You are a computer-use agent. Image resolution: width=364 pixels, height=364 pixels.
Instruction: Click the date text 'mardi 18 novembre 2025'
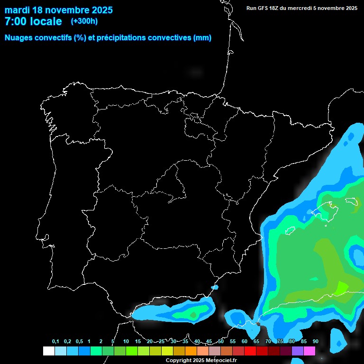(x=59, y=10)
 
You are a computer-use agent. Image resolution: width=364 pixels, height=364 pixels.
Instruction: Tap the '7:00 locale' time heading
(x=33, y=21)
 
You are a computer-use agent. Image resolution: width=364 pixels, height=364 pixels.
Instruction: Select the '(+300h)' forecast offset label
(x=84, y=21)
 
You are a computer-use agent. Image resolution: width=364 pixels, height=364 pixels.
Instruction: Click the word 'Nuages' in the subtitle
(x=18, y=38)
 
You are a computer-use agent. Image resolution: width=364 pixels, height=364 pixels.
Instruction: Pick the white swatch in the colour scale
(x=48, y=351)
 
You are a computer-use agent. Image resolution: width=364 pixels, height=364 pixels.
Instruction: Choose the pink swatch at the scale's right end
(x=309, y=351)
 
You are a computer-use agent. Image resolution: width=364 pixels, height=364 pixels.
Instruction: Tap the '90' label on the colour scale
(x=315, y=342)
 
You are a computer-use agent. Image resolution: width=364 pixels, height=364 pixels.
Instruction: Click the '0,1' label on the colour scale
(x=55, y=342)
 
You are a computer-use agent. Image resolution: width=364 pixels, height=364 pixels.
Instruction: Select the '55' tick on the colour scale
(x=232, y=342)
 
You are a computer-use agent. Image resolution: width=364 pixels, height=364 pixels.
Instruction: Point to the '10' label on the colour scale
(x=126, y=342)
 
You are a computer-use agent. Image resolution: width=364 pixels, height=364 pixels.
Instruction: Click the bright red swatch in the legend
(x=250, y=351)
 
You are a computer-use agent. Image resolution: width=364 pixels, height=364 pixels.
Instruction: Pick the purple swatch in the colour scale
(x=298, y=351)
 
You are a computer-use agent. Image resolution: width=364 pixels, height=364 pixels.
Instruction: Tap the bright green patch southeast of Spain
(x=341, y=287)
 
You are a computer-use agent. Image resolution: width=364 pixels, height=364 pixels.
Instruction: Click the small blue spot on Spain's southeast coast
(x=215, y=287)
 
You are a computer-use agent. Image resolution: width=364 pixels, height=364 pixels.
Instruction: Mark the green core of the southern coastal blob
(x=193, y=314)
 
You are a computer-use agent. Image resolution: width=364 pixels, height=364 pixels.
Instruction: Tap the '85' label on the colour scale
(x=303, y=342)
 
